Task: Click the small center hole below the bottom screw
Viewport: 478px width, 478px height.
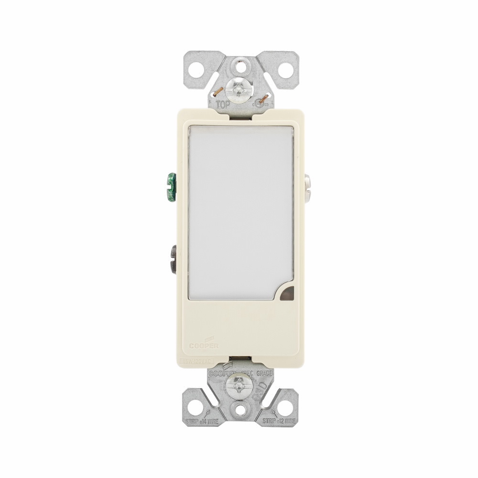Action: [239, 409]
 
